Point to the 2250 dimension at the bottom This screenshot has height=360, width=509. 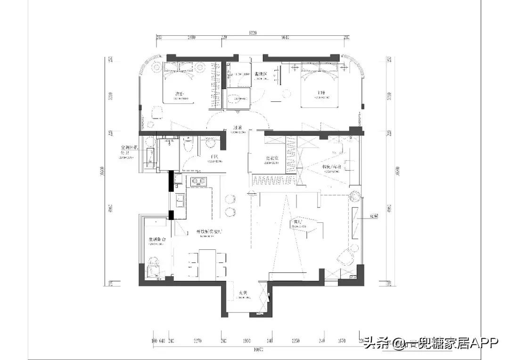296,341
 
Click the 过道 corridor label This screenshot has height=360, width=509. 238,128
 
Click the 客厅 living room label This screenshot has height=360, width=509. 297,221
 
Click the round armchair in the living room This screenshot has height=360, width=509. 345,257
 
